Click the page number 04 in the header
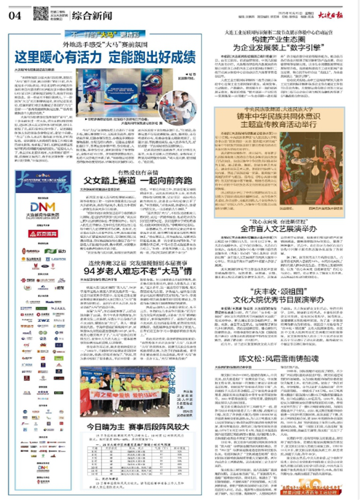[15, 13]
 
